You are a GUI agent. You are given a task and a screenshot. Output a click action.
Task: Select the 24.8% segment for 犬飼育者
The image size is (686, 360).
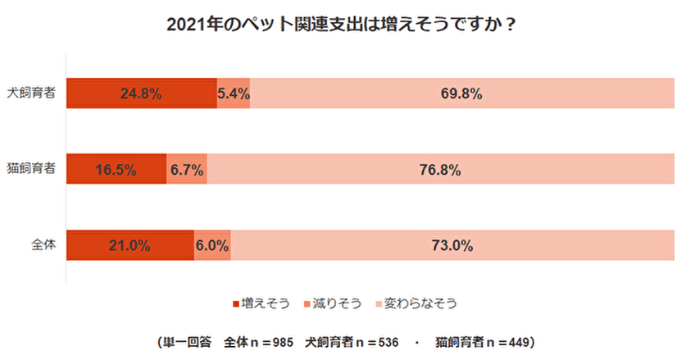tap(141, 93)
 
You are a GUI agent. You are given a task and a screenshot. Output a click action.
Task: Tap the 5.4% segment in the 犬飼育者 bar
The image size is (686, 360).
tap(234, 93)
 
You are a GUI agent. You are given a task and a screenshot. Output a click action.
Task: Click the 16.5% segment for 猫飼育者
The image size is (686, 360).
tap(116, 170)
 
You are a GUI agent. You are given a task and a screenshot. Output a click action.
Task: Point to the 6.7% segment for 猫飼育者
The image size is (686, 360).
tap(187, 170)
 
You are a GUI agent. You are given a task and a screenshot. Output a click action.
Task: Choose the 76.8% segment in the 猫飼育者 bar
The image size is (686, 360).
tap(441, 170)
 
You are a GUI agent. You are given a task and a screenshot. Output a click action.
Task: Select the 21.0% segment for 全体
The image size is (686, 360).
tap(129, 245)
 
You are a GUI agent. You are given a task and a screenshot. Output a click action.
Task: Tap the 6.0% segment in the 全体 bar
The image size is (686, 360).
tap(212, 245)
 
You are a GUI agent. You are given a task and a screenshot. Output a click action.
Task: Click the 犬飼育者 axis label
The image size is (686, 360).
tap(33, 93)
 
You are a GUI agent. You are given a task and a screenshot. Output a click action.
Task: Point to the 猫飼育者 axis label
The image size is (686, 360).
tap(33, 170)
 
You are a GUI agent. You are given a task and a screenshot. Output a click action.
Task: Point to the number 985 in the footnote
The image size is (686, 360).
tap(281, 339)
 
